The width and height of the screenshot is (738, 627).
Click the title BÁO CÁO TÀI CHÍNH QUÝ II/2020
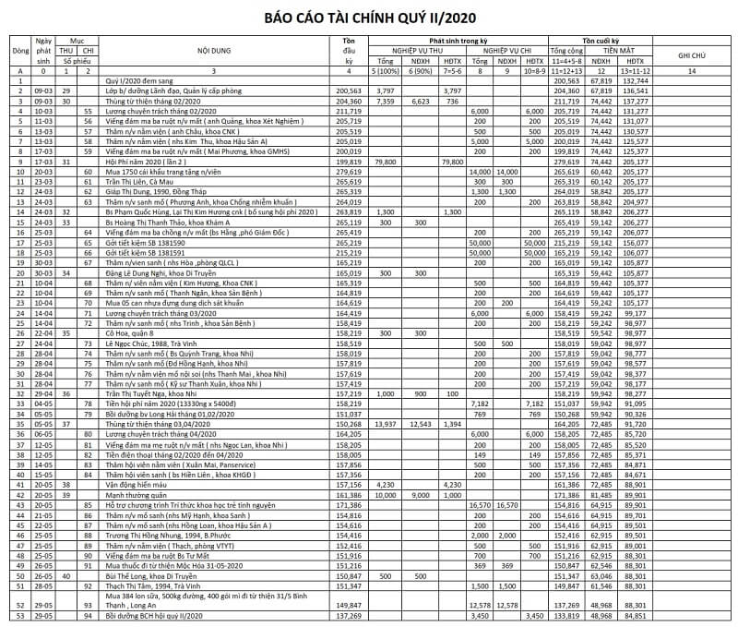click(x=369, y=17)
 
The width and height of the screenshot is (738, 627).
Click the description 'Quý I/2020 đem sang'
click(x=138, y=80)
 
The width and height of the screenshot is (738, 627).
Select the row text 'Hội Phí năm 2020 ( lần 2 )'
click(x=150, y=161)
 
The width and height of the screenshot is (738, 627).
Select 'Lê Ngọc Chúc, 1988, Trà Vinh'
click(x=152, y=344)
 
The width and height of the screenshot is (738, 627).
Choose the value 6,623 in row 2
click(x=420, y=101)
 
